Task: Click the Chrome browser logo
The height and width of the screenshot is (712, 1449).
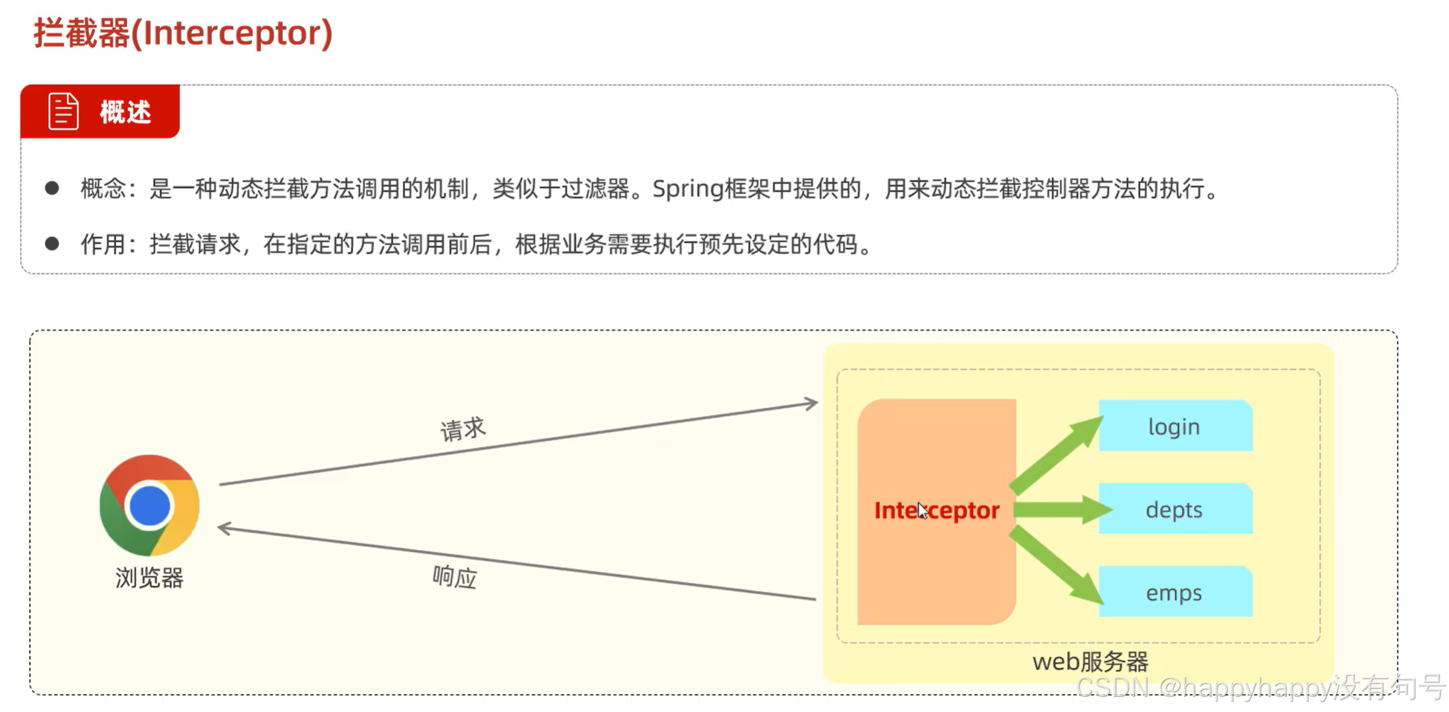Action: pos(149,506)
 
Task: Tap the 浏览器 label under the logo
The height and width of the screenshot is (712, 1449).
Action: pos(149,578)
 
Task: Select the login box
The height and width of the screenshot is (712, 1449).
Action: pos(1174,426)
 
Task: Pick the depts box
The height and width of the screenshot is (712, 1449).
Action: pos(1174,510)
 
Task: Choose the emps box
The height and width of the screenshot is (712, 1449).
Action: pos(1174,592)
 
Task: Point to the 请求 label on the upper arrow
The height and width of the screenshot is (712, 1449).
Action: pos(463,429)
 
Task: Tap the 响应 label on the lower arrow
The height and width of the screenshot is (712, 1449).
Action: pos(454,577)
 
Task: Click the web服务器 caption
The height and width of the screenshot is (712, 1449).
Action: pos(1090,661)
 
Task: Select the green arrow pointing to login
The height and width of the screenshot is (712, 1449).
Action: pos(1055,454)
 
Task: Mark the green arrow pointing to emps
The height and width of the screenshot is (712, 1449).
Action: pos(1055,564)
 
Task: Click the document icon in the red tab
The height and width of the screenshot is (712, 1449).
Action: pos(64,111)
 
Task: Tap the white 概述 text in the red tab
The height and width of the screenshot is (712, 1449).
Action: pos(125,112)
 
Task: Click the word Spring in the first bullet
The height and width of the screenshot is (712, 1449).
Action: pos(687,189)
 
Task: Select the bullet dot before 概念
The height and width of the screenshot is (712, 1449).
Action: pos(52,188)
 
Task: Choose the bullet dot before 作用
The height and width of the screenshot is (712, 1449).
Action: pos(52,243)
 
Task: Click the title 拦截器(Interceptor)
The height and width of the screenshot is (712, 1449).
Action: pos(183,33)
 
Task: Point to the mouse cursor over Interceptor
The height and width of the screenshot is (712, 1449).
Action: pos(922,510)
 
